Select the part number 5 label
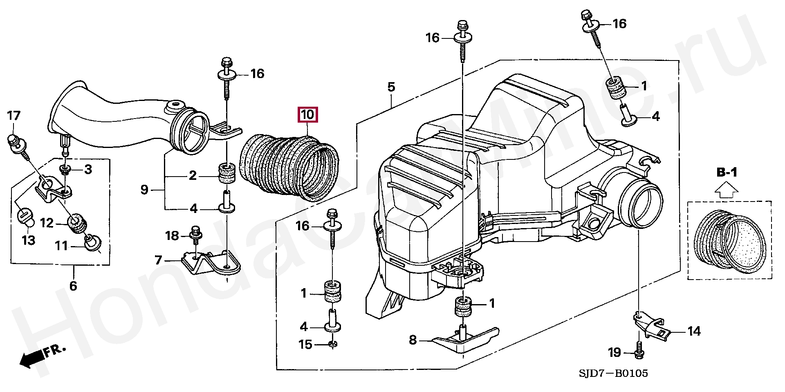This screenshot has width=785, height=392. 391,87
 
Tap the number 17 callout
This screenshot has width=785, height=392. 13,116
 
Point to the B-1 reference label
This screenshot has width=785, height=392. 727,173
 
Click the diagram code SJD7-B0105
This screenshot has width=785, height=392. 612,373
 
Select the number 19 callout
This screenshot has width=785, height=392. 614,352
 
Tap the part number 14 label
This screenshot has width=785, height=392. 694,331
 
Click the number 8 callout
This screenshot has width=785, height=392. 413,340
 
